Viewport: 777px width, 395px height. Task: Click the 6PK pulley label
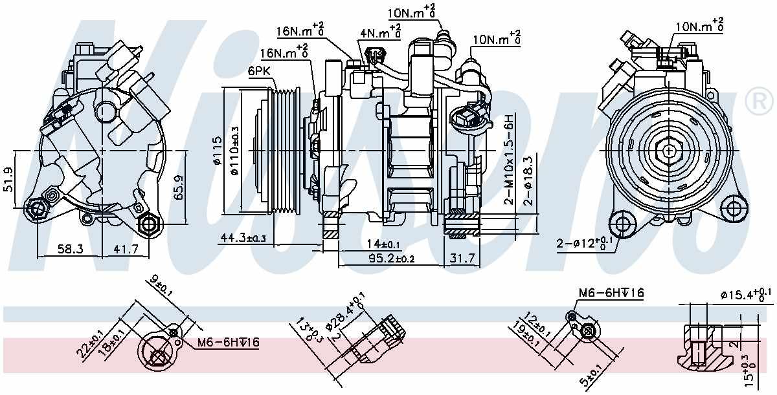pyautogui.click(x=257, y=73)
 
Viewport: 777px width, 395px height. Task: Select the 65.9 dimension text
pyautogui.click(x=181, y=186)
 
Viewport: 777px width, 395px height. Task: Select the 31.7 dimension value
pyautogui.click(x=462, y=259)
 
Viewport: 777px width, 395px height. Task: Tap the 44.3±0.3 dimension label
pyautogui.click(x=243, y=239)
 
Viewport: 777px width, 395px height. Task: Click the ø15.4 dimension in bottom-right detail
pyautogui.click(x=745, y=296)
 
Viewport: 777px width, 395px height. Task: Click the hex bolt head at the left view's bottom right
pyautogui.click(x=149, y=224)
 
